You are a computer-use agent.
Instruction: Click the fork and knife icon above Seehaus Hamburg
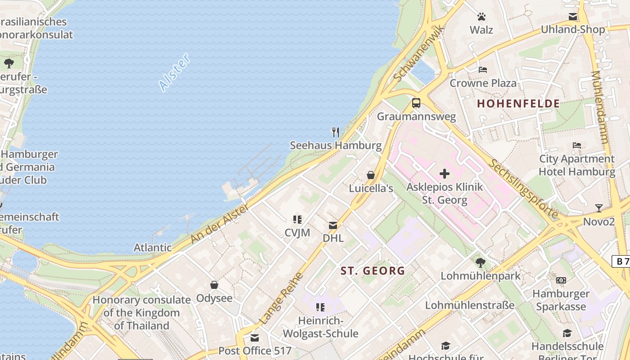(x=335, y=132)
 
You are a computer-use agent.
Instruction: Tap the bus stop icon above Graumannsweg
(x=416, y=103)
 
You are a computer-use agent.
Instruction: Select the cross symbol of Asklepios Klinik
(x=445, y=174)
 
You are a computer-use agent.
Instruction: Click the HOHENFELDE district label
(x=518, y=103)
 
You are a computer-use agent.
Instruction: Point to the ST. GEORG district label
(x=373, y=271)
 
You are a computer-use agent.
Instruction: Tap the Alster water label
(x=175, y=72)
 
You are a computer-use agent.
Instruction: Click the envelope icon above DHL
(x=333, y=225)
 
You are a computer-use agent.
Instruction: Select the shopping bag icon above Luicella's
(x=371, y=175)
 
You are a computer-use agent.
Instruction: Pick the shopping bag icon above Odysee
(x=214, y=285)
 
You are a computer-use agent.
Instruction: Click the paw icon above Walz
(x=481, y=17)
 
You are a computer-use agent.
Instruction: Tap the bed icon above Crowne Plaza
(x=483, y=70)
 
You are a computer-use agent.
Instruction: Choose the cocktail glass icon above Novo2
(x=598, y=208)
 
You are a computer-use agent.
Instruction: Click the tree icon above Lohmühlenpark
(x=480, y=262)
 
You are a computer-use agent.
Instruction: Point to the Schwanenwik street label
(x=418, y=54)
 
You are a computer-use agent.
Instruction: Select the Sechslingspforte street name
(x=523, y=189)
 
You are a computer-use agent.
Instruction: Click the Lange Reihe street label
(x=282, y=298)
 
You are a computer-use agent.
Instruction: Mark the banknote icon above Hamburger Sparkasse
(x=561, y=280)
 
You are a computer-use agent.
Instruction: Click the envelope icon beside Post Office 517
(x=255, y=338)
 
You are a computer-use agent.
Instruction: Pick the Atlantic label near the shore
(x=153, y=247)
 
